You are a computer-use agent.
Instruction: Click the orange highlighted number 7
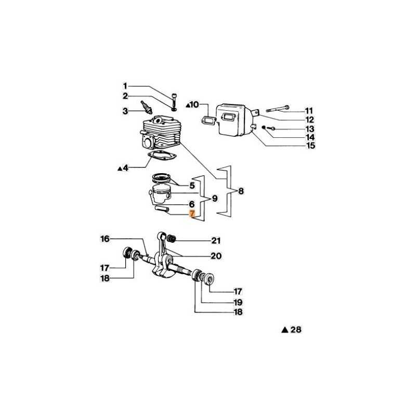192,214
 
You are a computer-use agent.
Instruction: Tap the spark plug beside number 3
147,107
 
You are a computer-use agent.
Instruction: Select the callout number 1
125,86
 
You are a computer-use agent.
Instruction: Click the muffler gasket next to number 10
209,120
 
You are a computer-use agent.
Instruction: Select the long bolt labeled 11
278,109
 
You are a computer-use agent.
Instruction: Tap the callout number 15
310,146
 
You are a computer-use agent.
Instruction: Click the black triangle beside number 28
284,330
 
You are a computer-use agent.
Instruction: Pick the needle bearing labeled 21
172,239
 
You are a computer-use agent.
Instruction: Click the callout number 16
105,239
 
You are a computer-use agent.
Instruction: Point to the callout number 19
238,302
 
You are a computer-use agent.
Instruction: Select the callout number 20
216,256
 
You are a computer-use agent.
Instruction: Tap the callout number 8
241,191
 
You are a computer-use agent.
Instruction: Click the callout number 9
215,198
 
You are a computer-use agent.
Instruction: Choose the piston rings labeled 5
161,177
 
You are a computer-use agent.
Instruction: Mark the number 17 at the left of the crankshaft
105,268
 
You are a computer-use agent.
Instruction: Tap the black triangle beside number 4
120,168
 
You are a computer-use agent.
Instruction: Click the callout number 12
309,120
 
